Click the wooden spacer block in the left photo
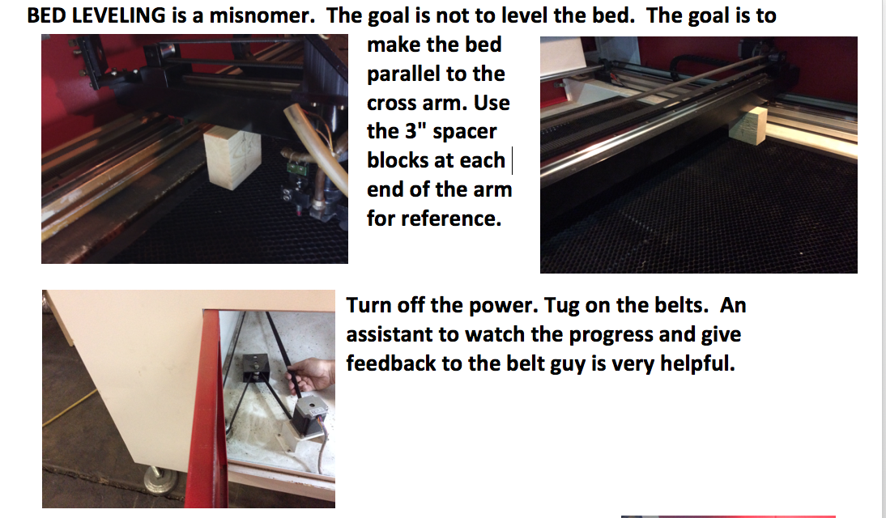[x=232, y=156]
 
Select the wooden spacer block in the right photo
[x=748, y=124]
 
